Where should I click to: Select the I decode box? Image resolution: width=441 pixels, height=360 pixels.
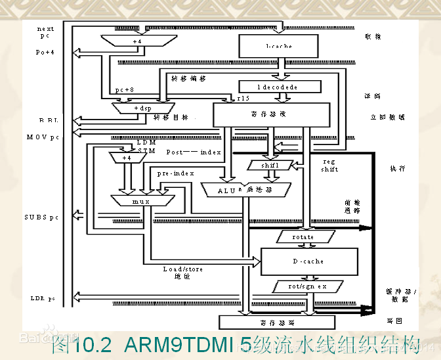[280, 87]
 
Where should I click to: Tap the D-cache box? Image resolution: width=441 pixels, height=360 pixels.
[309, 261]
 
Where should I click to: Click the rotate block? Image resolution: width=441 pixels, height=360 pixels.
[303, 236]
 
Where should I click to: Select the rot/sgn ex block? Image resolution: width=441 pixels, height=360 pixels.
[307, 287]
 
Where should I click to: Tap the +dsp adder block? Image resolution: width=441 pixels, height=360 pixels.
[142, 107]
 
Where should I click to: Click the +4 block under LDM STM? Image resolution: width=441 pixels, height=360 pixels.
[127, 158]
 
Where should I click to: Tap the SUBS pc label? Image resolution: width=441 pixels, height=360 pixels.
[43, 217]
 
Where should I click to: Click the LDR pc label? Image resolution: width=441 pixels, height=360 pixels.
[43, 298]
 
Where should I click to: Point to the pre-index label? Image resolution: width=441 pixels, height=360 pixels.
[175, 173]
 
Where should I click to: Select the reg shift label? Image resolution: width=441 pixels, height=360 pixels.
[329, 165]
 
